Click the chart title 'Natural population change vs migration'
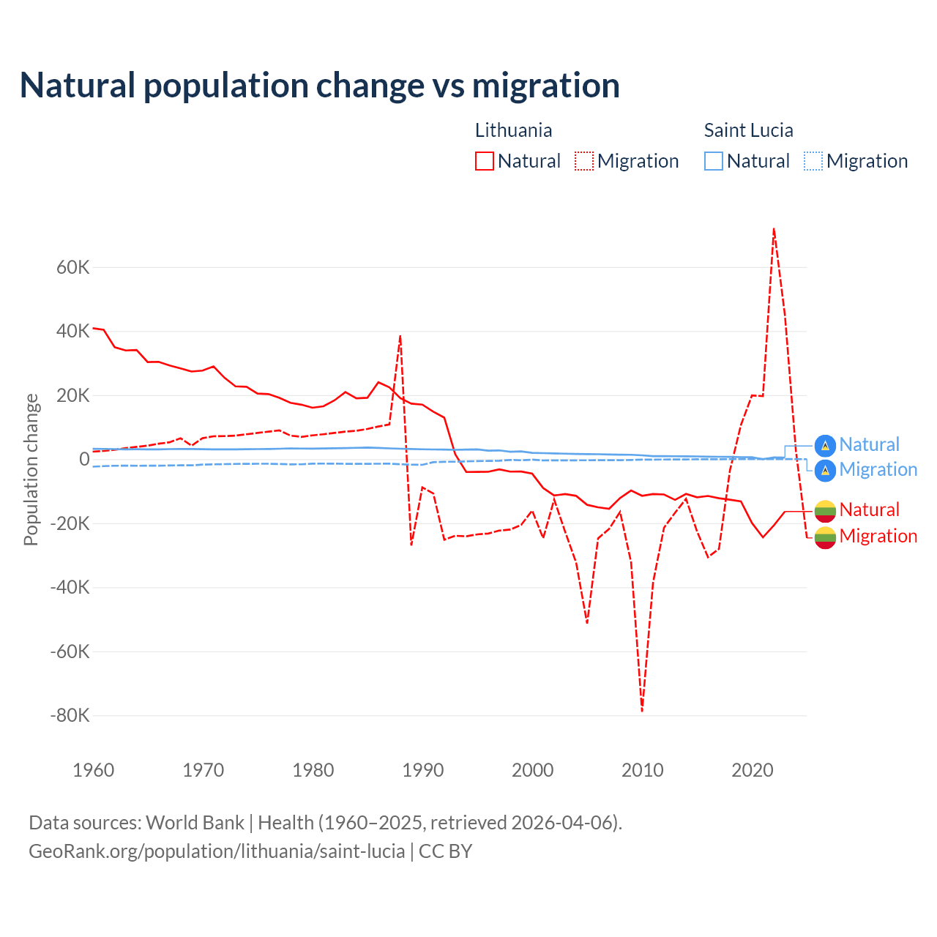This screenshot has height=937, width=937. point(320,86)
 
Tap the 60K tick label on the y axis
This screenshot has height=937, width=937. point(72,267)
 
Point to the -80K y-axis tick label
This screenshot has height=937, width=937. point(70,715)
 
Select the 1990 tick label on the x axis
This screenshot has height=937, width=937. point(423,770)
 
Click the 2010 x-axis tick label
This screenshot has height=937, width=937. point(643,770)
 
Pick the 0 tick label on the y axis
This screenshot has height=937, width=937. point(84,459)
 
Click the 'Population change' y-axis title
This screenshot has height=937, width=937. point(31,469)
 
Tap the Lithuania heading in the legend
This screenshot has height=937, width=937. point(513,130)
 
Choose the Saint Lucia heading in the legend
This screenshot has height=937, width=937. point(748,130)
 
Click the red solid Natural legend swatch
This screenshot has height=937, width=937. point(485,161)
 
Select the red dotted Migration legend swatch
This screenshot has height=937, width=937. point(584,161)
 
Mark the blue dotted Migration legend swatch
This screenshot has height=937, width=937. point(813,161)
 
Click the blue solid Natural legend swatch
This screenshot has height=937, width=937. point(714,161)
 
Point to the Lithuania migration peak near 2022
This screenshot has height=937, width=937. point(774,228)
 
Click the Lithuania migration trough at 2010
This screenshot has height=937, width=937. point(642,710)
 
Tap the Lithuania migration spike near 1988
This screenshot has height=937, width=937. point(400,336)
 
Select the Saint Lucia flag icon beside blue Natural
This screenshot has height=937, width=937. point(825,445)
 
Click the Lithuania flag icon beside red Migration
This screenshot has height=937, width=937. point(825,537)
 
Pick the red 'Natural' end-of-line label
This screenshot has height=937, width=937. point(869,509)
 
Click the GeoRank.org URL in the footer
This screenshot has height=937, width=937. point(217,851)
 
